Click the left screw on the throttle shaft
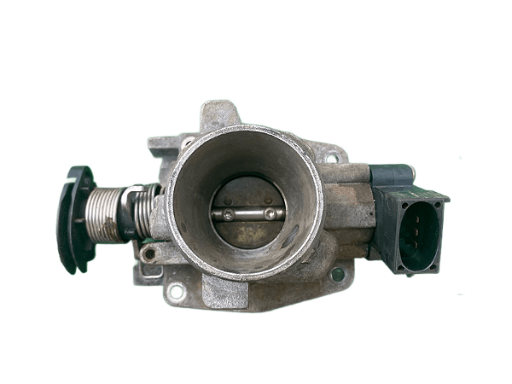227,214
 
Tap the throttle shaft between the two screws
248,214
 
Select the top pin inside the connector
416,217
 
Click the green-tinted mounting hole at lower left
177,290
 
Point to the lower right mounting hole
336,275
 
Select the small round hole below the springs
149,254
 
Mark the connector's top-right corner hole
441,198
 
